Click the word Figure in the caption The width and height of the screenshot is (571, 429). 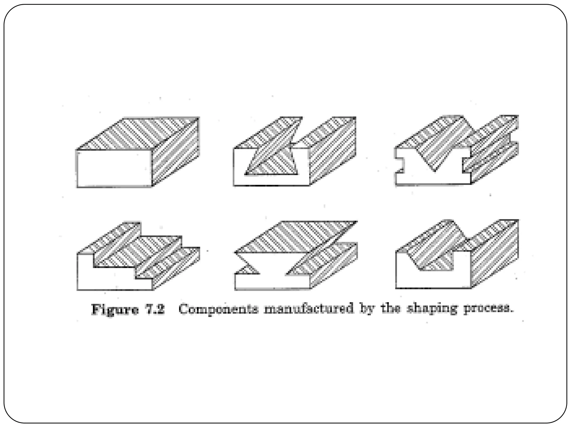click(115, 310)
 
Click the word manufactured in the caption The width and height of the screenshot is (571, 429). click(308, 309)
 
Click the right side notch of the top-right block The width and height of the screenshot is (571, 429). click(466, 165)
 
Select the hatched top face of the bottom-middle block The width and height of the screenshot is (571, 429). click(296, 237)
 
